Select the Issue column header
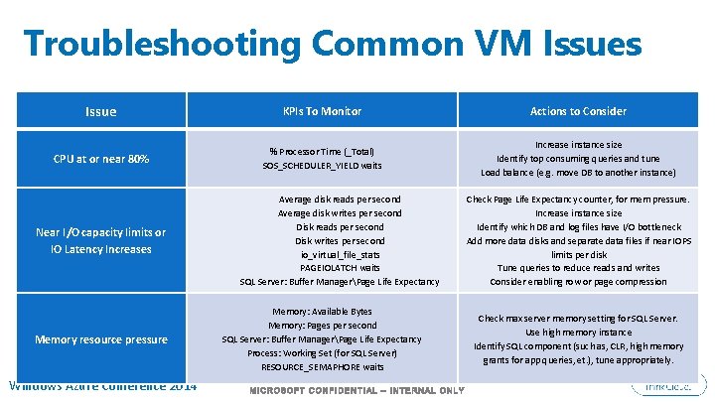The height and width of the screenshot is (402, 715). [x=100, y=111]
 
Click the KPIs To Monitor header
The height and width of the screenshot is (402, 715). [x=322, y=111]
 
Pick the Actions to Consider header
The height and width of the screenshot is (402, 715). [x=578, y=111]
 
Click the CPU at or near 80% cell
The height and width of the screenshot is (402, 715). [x=100, y=159]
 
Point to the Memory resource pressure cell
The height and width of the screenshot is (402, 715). [x=100, y=339]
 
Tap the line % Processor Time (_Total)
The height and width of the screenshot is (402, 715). [x=322, y=151]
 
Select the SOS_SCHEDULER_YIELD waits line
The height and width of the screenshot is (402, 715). [x=322, y=166]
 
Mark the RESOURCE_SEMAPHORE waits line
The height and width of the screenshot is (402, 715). [x=322, y=367]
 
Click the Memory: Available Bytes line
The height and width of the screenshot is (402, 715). [x=322, y=312]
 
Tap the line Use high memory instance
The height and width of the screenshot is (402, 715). [x=578, y=333]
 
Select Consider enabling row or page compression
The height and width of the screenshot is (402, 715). [x=578, y=282]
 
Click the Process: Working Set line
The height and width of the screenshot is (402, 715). [x=322, y=353]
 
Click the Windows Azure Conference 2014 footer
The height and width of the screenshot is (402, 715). [x=103, y=385]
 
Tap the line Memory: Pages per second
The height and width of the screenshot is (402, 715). [x=322, y=326]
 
